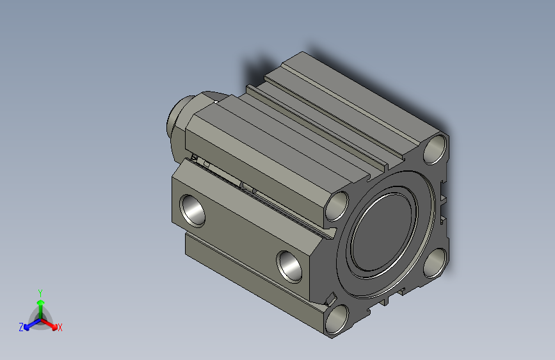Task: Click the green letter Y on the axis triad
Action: [x=40, y=291]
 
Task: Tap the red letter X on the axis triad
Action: [x=60, y=328]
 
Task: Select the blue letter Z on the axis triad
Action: [x=21, y=327]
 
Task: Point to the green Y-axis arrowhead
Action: [x=40, y=302]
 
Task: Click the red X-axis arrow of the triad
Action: [x=51, y=323]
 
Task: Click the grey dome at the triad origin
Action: [x=40, y=317]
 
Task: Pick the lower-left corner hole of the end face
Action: [x=337, y=319]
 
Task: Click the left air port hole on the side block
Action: [x=192, y=209]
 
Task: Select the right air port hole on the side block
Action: [x=289, y=265]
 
